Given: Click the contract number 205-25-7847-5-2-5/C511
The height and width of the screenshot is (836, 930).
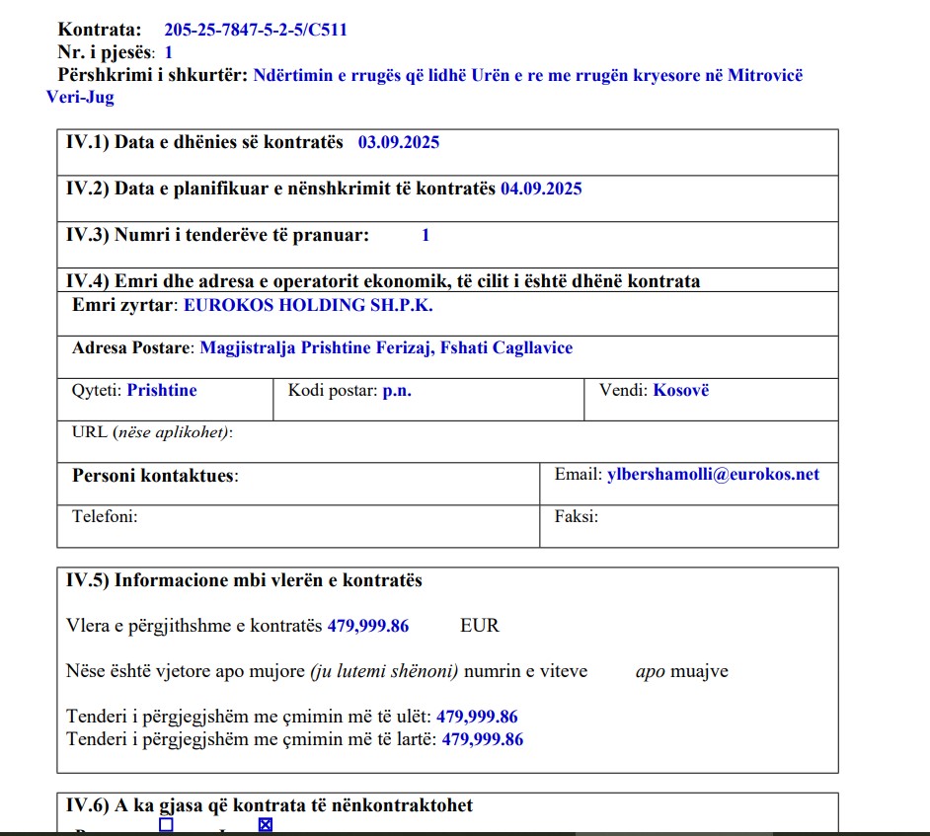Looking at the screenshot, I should [256, 30].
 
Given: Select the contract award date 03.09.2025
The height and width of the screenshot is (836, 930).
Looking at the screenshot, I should [399, 142].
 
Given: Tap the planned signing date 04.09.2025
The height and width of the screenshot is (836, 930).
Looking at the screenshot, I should [541, 189].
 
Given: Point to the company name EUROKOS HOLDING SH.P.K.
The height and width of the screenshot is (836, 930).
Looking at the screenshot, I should [308, 305].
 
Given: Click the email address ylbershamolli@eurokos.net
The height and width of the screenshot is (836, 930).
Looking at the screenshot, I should [713, 475].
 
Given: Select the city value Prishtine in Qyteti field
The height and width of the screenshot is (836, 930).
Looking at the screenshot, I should [162, 391].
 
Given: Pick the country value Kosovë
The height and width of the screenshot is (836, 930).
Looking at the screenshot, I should [681, 391].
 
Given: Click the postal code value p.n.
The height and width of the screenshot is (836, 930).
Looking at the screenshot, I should [397, 391].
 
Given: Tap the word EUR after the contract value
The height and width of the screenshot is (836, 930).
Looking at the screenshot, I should [480, 626].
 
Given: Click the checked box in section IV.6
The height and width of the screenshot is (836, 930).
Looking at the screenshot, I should [265, 824].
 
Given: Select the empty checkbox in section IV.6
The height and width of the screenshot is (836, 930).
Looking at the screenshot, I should [166, 824].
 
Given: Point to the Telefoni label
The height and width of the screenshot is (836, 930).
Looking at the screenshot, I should [105, 516].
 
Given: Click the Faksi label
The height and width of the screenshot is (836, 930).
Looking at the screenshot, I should [577, 516].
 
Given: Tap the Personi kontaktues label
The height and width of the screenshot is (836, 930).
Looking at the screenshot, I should [155, 476].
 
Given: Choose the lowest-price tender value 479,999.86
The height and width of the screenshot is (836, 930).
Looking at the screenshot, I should [477, 718].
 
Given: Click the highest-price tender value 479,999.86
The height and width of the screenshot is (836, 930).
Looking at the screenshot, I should [483, 739].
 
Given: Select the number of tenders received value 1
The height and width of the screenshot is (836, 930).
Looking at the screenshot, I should [426, 235].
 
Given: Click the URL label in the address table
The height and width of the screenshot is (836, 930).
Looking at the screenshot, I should [90, 432].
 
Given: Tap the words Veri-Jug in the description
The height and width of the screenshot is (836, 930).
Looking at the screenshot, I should [80, 98].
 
